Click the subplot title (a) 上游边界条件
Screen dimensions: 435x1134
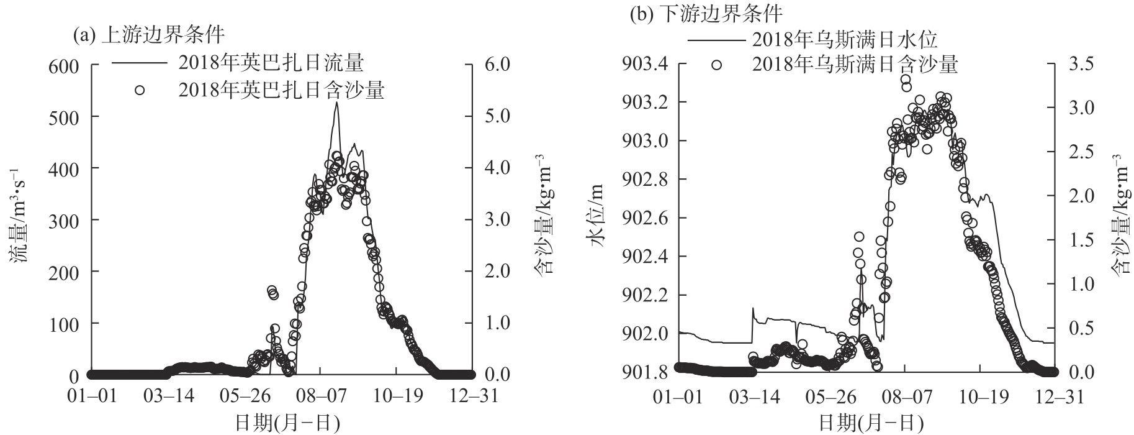pyautogui.click(x=148, y=35)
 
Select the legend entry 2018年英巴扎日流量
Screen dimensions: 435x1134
pyautogui.click(x=271, y=63)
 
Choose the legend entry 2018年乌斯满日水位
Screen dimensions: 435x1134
pyautogui.click(x=844, y=40)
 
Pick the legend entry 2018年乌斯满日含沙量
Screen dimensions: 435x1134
pyautogui.click(x=855, y=64)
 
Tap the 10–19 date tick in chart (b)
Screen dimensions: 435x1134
pyautogui.click(x=981, y=396)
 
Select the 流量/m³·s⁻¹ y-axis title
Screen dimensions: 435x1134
pyautogui.click(x=18, y=219)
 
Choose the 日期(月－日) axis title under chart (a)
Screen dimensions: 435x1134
pyautogui.click(x=287, y=423)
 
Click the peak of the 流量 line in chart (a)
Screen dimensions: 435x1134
pyautogui.click(x=336, y=103)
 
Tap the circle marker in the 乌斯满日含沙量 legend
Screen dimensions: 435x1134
pyautogui.click(x=717, y=65)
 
